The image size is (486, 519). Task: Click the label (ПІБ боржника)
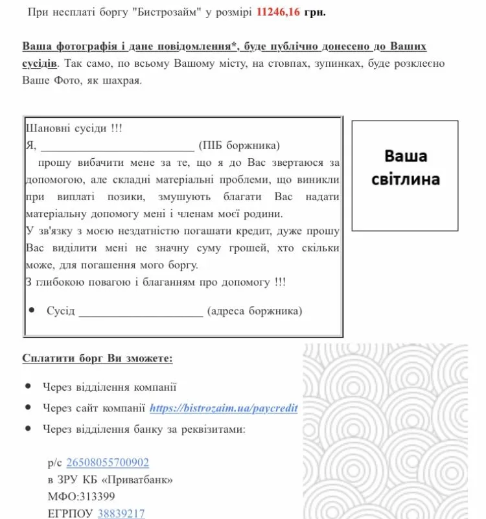click(239, 145)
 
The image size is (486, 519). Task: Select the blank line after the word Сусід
click(140, 312)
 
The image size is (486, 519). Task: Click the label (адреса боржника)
click(255, 312)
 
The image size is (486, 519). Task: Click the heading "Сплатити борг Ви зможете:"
click(97, 358)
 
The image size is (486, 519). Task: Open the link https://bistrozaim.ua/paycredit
click(224, 408)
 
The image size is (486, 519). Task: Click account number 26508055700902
click(108, 463)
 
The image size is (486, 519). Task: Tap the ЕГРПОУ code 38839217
click(121, 514)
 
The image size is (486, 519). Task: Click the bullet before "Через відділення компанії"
click(28, 387)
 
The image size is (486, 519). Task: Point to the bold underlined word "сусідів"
click(40, 63)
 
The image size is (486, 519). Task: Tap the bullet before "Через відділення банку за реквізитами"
click(28, 428)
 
